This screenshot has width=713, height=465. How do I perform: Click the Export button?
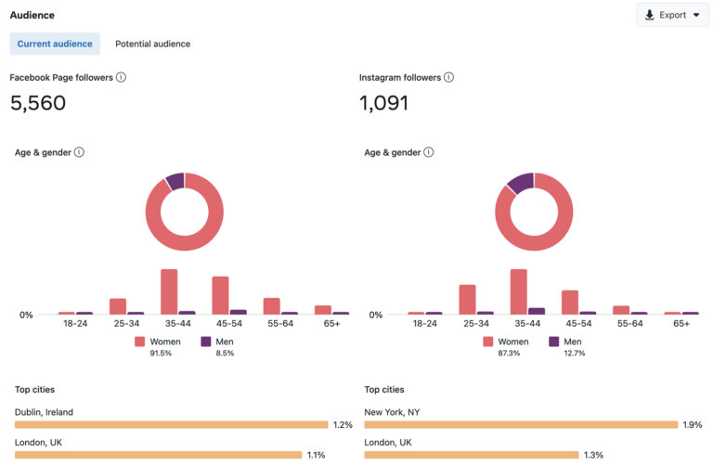coord(672,15)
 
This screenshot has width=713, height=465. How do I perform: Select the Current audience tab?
coord(55,44)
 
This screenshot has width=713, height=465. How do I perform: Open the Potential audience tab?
coord(152,44)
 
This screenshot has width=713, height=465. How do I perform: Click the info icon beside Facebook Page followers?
coord(121,77)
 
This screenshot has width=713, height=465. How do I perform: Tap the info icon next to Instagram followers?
coord(448,77)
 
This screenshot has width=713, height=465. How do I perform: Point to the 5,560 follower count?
coord(38,103)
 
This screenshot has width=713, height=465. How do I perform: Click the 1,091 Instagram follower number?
coord(383,103)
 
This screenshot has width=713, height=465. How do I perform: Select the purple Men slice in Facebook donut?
coord(175,180)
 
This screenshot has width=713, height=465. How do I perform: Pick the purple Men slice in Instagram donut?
coord(521,182)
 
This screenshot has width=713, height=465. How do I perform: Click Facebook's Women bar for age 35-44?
coord(169,291)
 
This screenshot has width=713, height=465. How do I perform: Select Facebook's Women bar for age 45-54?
coord(220,295)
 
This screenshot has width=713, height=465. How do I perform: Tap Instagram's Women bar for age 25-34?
coord(467,299)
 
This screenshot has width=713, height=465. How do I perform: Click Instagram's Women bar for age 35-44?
coord(518,291)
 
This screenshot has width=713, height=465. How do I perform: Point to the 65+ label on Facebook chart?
coord(332,324)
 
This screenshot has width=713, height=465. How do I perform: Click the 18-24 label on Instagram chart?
coord(425,324)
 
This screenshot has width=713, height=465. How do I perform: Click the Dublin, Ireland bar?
coord(172,424)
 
